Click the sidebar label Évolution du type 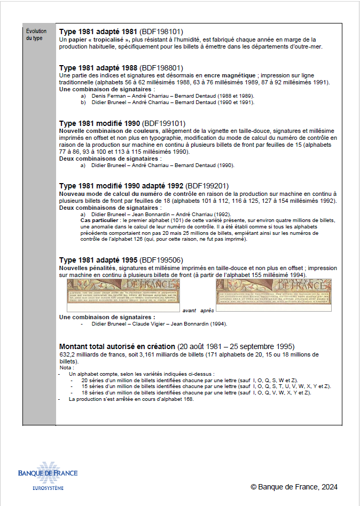click(x=36, y=35)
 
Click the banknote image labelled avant click(x=123, y=295)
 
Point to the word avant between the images click(x=190, y=310)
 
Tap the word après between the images click(x=207, y=310)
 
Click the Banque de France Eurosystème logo click(x=48, y=477)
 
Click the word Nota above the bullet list click(x=66, y=368)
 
